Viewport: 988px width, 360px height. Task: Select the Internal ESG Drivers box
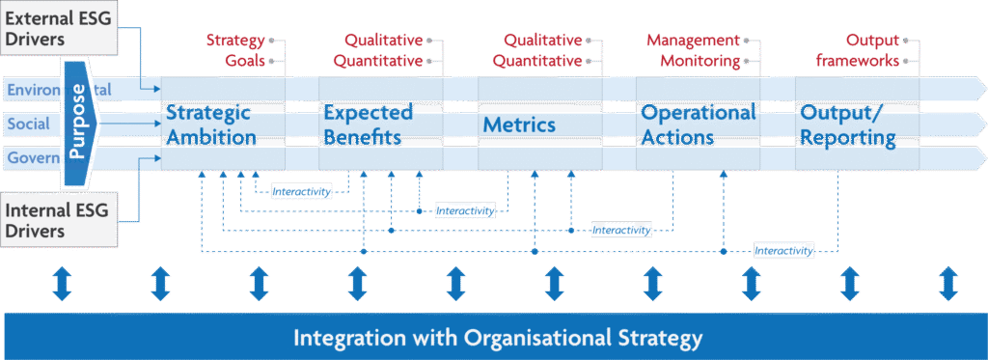(58, 219)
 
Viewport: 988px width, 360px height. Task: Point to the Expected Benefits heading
(368, 125)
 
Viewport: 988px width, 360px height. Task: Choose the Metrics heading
(519, 125)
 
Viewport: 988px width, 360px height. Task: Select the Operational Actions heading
(699, 125)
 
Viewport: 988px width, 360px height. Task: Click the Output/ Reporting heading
(848, 125)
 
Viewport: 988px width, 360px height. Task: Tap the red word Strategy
(234, 41)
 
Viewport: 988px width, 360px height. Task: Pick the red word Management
(693, 41)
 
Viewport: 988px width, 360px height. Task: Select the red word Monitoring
(700, 61)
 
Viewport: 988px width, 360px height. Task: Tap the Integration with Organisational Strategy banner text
(498, 338)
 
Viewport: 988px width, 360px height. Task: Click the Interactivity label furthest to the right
(784, 251)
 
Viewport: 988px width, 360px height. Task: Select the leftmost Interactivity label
(301, 191)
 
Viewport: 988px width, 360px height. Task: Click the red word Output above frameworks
(872, 41)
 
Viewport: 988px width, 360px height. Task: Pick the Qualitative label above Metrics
(543, 41)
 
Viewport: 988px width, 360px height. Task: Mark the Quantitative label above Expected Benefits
(378, 61)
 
